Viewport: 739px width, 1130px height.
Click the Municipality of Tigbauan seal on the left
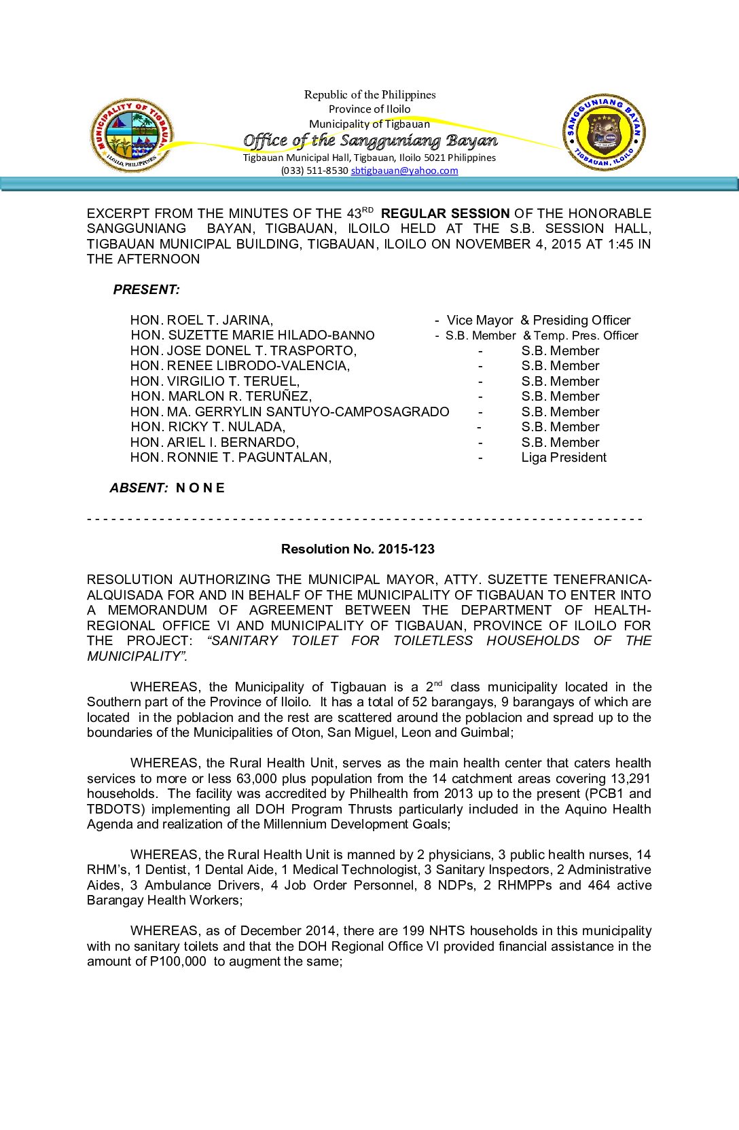pos(132,135)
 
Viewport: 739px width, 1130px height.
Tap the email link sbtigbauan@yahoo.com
pos(404,170)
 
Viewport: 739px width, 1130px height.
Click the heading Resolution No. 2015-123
pos(358,549)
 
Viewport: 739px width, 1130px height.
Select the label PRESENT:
pos(147,290)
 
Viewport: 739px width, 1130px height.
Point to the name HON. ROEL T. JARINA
pos(202,321)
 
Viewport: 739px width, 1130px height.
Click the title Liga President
pos(564,458)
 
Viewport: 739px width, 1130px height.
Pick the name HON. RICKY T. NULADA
pos(208,427)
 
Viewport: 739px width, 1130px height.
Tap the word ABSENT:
pos(139,488)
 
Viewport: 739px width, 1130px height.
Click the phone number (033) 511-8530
pos(314,170)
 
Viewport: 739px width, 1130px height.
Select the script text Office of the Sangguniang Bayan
pos(370,141)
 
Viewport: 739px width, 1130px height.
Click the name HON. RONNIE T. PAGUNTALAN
pos(231,458)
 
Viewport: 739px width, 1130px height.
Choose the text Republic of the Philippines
pos(369,94)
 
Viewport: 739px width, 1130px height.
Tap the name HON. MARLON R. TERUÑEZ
pos(221,397)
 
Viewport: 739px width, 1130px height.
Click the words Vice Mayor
pos(480,321)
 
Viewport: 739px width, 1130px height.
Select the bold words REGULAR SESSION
pos(445,213)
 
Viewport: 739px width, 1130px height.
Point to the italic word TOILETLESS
pos(433,641)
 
